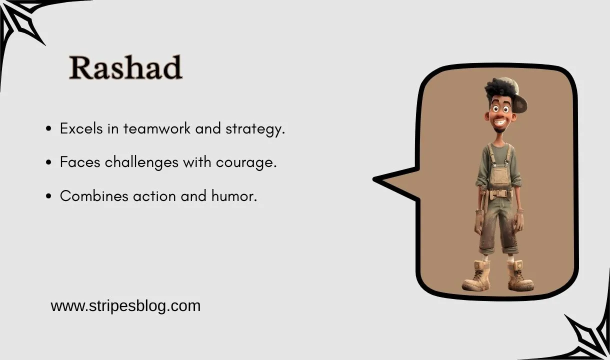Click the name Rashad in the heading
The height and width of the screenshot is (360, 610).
click(x=125, y=68)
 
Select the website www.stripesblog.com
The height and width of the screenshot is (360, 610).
click(x=125, y=305)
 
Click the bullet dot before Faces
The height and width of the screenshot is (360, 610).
click(x=48, y=163)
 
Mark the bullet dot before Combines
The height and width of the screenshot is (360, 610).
click(x=48, y=196)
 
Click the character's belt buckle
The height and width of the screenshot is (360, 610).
click(x=499, y=193)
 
